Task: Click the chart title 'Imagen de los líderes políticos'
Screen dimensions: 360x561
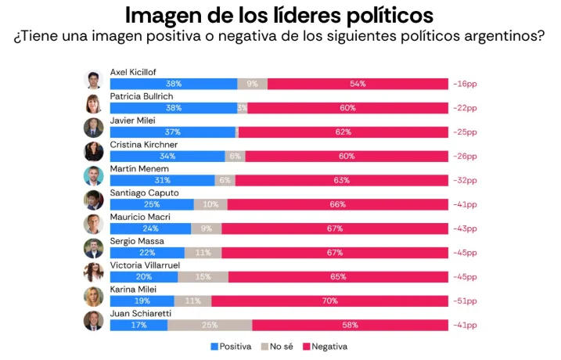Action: (x=279, y=15)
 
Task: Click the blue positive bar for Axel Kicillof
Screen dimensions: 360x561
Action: (x=173, y=84)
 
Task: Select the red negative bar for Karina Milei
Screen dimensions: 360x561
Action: (x=329, y=301)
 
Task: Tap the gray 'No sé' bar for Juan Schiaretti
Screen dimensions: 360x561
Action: (x=209, y=325)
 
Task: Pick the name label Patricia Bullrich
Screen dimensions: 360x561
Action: (x=142, y=96)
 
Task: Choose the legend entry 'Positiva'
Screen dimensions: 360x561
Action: (x=231, y=346)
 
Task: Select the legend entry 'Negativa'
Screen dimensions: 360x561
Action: (x=325, y=346)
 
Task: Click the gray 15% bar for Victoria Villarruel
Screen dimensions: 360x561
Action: (x=203, y=276)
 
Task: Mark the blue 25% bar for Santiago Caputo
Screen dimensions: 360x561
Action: (x=152, y=204)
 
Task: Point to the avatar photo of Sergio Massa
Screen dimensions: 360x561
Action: (x=94, y=248)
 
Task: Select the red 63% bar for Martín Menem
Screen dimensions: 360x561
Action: (x=341, y=180)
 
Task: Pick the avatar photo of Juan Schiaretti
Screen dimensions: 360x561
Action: (x=94, y=321)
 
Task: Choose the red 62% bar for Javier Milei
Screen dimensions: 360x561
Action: (x=343, y=132)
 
